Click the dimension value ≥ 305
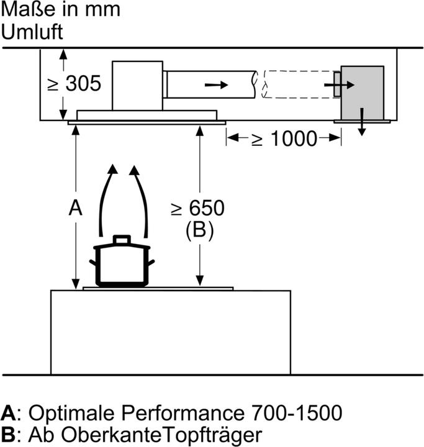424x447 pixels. point(74,84)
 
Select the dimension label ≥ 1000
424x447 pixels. point(284,138)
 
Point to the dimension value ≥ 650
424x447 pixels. point(197,208)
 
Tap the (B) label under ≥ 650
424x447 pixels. point(199,232)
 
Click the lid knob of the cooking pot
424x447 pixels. point(122,239)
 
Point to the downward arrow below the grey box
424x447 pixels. point(361,124)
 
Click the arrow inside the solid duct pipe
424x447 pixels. point(216,84)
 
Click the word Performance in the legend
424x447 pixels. point(177,412)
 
